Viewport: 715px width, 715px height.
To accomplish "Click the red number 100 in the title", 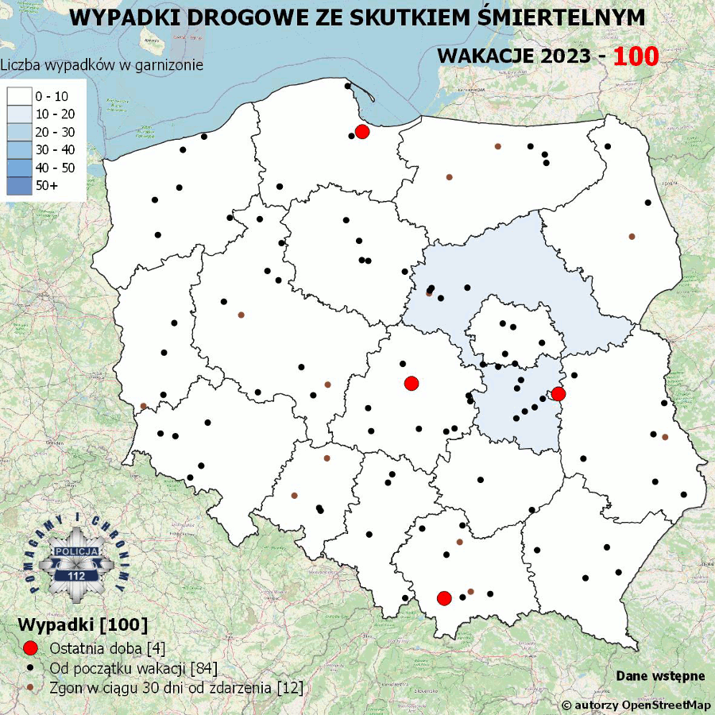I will coord(636,57).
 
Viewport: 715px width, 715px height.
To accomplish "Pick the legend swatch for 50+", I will coord(19,185).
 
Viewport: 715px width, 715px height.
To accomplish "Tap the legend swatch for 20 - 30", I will coord(19,132).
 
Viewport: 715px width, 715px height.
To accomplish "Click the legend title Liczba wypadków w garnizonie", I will coord(102,65).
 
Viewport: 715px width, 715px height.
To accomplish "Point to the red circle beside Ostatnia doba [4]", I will coord(31,647).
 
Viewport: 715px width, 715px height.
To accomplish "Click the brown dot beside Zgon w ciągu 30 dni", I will coord(31,687).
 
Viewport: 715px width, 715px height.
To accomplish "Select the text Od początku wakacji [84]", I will coord(133,667).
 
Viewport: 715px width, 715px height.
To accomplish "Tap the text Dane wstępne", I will coord(660,676).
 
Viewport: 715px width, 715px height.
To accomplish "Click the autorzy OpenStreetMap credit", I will coord(636,705).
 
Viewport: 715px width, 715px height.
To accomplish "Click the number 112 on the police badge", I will coord(77,575).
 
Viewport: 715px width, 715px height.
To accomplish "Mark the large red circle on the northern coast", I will coord(362,132).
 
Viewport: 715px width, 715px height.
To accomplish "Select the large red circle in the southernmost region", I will coord(444,597).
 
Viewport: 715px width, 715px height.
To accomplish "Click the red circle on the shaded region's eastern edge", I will coord(558,393).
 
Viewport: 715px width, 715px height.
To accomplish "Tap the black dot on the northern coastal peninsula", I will coord(347,86).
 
